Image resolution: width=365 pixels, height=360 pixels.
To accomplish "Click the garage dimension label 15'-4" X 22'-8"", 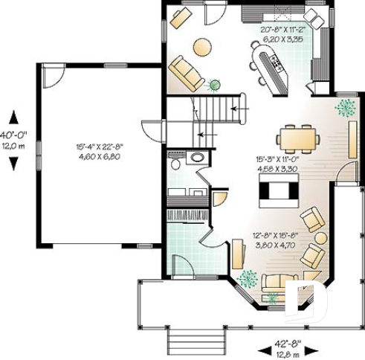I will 98,147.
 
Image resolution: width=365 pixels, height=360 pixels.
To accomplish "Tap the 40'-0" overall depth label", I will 13,135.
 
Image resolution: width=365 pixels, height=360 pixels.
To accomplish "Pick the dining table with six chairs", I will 298,138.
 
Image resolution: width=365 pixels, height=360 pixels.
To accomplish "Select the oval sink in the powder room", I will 198,157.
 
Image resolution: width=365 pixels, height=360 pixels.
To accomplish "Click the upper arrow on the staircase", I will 238,109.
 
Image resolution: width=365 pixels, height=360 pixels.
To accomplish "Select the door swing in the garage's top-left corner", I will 51,75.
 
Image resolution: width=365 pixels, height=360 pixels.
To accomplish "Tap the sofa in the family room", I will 187,72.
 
